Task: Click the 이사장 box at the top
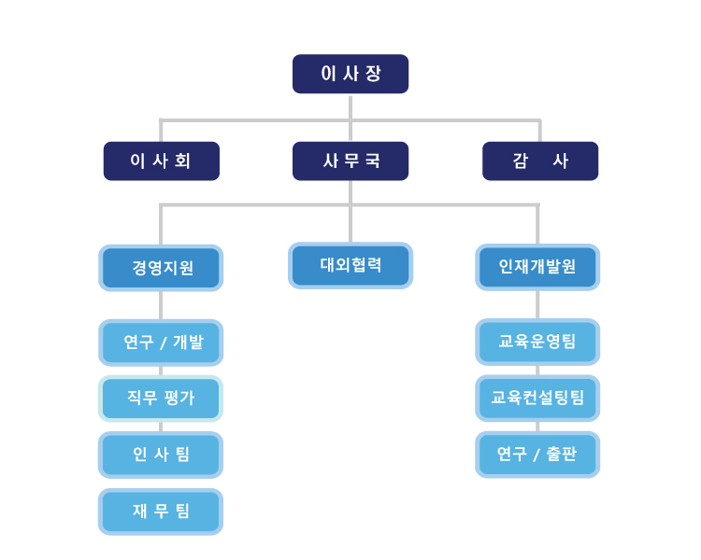pos(350,74)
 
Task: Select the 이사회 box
pos(162,161)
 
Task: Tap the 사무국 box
pos(350,161)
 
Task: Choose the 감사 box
pos(540,161)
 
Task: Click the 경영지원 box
pos(161,268)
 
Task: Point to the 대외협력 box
pos(350,266)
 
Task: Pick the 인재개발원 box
pos(537,267)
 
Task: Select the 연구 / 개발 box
pos(161,343)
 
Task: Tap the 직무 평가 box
pos(161,399)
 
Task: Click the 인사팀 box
pos(161,455)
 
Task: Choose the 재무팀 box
pos(161,511)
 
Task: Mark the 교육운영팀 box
pos(537,342)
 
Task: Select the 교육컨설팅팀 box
pos(537,398)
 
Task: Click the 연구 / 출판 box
pos(537,455)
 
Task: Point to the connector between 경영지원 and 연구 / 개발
pos(161,305)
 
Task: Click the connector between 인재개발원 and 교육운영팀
pos(537,304)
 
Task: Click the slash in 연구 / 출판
pos(536,455)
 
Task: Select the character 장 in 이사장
pos(373,74)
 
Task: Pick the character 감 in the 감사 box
pos(521,161)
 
